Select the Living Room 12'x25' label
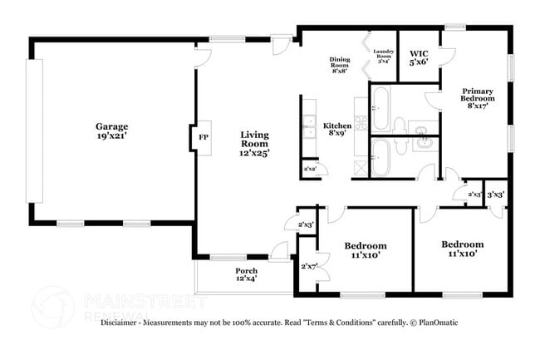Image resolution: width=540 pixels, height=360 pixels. [254, 143]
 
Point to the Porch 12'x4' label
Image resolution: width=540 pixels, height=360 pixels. [246, 275]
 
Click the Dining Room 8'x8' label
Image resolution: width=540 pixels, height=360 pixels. [340, 64]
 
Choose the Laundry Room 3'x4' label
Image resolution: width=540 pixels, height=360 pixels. [382, 56]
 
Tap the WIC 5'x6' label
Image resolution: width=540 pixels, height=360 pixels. [419, 58]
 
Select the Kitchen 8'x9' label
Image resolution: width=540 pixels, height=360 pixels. [337, 130]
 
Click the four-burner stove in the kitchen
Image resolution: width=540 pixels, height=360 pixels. [361, 125]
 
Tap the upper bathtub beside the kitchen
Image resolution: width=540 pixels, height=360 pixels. [381, 109]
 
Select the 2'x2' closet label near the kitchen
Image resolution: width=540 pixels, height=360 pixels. [310, 169]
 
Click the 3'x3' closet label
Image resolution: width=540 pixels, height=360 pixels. [495, 194]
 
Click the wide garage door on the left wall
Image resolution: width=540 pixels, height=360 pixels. [33, 132]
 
